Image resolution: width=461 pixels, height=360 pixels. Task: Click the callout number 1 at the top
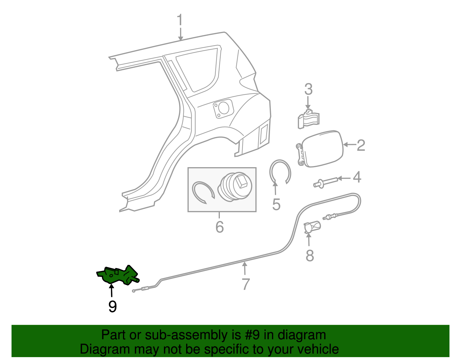click(x=180, y=20)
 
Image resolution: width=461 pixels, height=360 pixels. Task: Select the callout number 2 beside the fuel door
click(x=361, y=145)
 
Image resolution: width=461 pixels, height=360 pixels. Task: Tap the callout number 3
click(x=308, y=90)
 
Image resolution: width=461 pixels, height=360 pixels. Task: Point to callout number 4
click(x=357, y=177)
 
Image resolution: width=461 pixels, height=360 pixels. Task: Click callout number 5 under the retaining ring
click(x=276, y=205)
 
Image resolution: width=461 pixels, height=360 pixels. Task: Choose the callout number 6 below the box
click(x=220, y=227)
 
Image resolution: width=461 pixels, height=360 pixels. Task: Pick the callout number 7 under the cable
click(x=245, y=284)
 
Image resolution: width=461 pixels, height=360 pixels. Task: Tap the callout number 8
click(x=310, y=255)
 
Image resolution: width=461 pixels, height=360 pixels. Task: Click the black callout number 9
click(x=112, y=307)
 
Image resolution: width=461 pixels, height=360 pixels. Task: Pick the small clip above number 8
click(x=312, y=227)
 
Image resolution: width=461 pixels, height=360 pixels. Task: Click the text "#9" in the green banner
click(x=253, y=335)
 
